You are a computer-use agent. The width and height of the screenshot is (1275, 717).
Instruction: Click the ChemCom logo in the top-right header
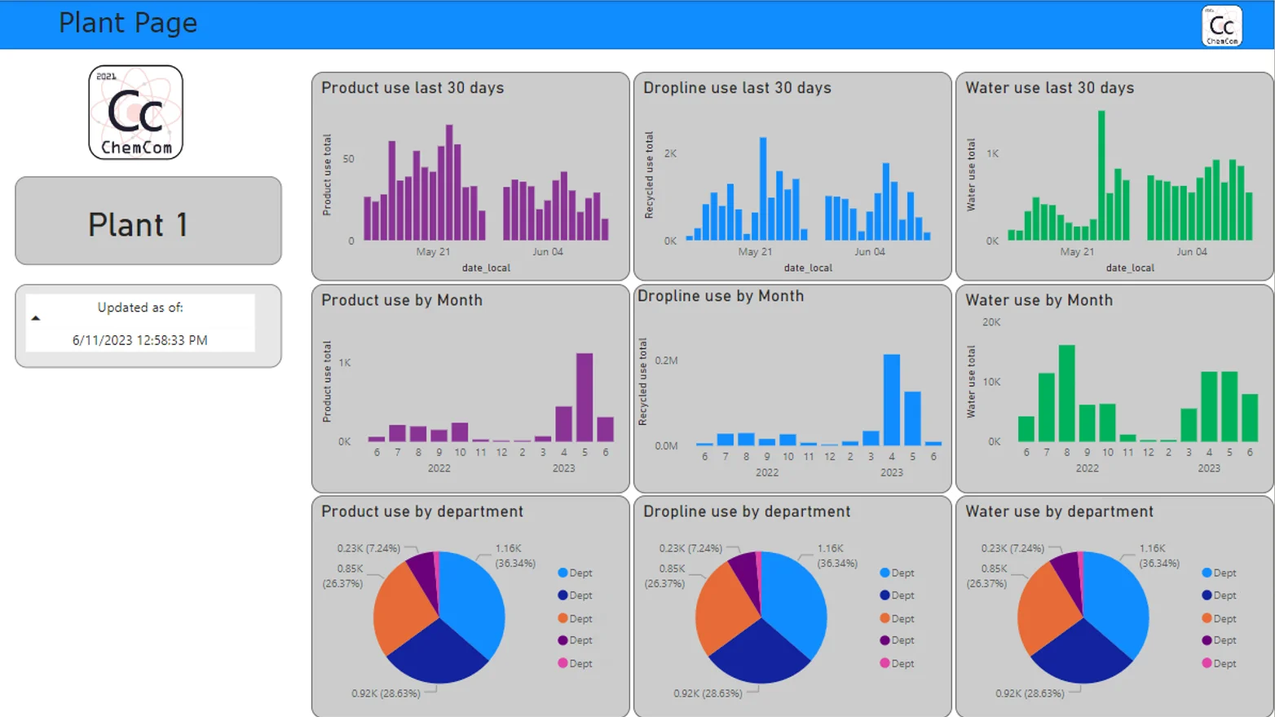pos(1221,26)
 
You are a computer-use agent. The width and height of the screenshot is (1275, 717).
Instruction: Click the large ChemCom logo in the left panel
pos(135,113)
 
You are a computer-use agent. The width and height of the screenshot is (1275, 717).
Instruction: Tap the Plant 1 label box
pos(148,221)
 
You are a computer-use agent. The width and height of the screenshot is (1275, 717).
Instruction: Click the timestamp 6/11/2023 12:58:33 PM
pos(139,340)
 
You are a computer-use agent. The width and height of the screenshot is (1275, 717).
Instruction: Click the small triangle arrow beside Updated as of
pos(36,318)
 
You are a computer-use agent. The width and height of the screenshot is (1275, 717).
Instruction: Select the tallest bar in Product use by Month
pos(585,397)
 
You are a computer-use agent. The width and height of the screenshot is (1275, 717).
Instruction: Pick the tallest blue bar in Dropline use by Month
pos(891,400)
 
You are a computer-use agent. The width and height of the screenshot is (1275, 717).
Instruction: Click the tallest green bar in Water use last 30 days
pos(1101,175)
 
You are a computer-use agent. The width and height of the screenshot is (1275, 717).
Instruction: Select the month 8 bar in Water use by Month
pos(1066,393)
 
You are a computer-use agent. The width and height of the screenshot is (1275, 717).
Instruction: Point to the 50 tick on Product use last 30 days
pos(349,159)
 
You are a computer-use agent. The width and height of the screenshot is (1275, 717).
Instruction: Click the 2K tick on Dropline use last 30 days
pos(670,153)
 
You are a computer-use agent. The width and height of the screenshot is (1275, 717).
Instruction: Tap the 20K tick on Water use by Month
pos(991,322)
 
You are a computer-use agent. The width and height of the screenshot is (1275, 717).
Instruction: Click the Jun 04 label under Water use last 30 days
pos(1191,252)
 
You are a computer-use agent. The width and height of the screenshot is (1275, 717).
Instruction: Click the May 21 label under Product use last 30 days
pos(433,252)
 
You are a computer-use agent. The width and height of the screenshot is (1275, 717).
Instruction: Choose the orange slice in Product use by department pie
pos(399,608)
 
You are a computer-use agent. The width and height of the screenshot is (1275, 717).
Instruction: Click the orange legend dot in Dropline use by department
pos(885,618)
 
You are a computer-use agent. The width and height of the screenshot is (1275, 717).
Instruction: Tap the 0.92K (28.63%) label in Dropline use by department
pos(708,693)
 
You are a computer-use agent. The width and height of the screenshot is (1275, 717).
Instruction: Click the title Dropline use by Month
pos(721,296)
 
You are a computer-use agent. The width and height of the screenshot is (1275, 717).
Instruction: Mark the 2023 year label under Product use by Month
pos(563,468)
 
